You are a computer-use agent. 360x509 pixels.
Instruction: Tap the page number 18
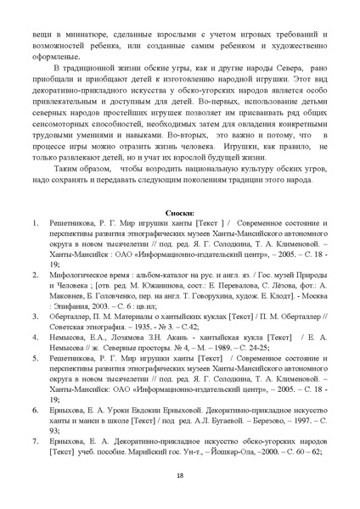pos(180,474)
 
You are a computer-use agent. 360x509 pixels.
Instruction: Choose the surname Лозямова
pos(132,336)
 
